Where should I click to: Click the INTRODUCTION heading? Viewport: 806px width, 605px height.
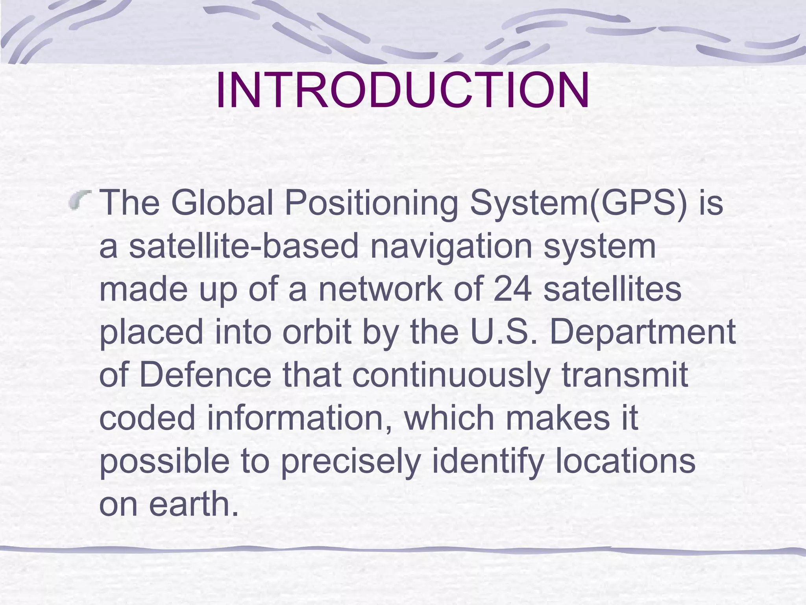(403, 90)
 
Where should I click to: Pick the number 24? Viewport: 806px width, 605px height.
(512, 289)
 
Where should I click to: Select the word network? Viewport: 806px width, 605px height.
(380, 289)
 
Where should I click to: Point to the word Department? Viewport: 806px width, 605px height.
(642, 333)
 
